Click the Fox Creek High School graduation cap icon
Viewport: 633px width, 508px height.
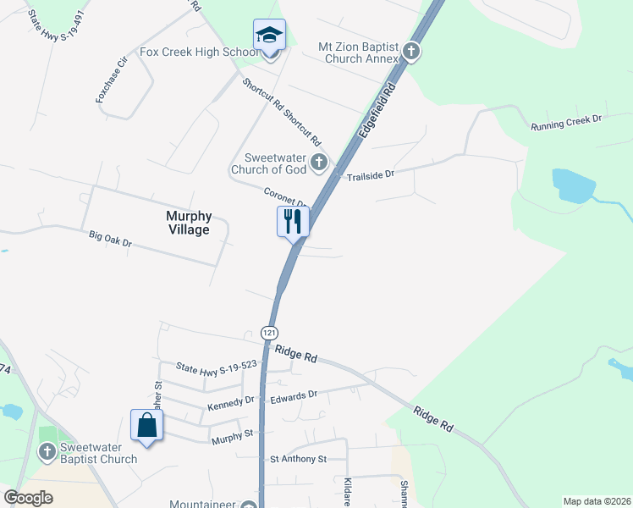(269, 36)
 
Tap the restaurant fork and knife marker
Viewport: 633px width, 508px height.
(293, 222)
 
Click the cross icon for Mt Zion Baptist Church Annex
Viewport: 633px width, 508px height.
(410, 52)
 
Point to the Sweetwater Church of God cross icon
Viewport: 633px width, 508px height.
(319, 163)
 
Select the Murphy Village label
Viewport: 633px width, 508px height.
(188, 223)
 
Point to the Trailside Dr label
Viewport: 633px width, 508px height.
(371, 175)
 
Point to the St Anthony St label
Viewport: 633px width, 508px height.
(298, 459)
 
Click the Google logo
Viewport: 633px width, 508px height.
(28, 498)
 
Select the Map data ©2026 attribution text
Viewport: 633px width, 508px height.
(596, 501)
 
